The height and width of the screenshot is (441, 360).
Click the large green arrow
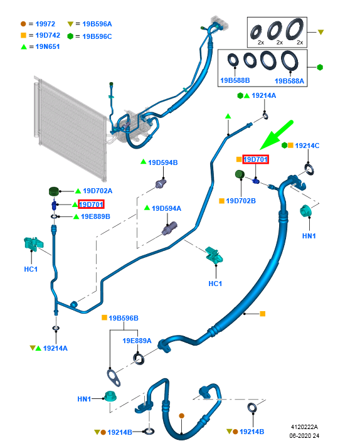277,135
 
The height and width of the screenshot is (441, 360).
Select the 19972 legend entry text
45,24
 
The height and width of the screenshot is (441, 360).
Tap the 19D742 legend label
48,35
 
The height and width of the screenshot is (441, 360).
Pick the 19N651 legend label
48,46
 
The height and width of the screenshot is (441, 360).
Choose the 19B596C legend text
97,36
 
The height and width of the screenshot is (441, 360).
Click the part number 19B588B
235,80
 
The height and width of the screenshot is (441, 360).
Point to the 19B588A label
289,81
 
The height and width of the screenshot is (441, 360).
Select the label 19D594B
163,162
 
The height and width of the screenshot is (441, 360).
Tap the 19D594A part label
166,208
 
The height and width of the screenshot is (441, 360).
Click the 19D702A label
98,191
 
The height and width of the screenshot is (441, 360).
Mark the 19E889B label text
95,216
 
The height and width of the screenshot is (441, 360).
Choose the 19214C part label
307,146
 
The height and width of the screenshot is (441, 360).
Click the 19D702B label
241,201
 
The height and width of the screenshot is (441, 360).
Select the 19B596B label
124,318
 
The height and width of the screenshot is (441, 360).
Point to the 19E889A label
137,341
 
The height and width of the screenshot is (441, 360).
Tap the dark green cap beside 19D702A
54,191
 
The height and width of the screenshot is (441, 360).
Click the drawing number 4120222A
304,427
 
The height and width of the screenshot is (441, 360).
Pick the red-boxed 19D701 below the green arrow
255,159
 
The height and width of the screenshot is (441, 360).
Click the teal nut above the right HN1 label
305,211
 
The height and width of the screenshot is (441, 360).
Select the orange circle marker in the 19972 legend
23,24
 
